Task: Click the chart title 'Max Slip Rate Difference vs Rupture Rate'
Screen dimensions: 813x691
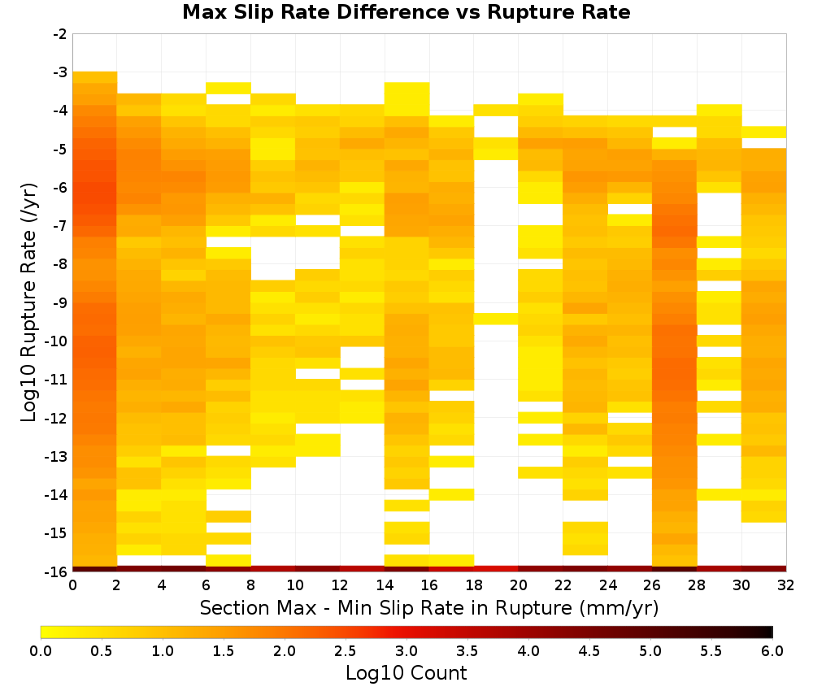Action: coord(406,12)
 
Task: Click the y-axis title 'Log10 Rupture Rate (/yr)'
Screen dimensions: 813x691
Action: coord(28,302)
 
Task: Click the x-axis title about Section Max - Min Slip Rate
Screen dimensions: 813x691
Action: coord(428,607)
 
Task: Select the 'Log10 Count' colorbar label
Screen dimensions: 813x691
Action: coord(406,673)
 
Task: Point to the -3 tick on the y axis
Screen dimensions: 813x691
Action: coord(60,72)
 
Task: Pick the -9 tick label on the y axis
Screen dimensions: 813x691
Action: coord(60,302)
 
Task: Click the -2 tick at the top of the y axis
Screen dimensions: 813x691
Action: coord(60,34)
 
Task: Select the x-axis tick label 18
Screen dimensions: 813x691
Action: coord(474,585)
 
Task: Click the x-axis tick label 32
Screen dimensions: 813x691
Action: coord(786,585)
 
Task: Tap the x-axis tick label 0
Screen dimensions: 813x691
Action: coord(72,585)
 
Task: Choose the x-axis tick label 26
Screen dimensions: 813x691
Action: coord(652,585)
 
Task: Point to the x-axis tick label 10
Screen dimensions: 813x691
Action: coord(295,585)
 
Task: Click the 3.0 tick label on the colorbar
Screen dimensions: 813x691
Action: coord(406,650)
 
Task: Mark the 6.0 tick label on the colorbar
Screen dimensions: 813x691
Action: coord(772,650)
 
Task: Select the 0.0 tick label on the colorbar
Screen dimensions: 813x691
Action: coord(41,650)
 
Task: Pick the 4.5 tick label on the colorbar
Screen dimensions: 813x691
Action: coord(589,650)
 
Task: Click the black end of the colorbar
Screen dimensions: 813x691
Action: coord(770,632)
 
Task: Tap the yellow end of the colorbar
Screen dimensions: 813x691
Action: coord(44,632)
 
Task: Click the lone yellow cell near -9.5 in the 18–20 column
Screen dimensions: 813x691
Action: coord(496,319)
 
